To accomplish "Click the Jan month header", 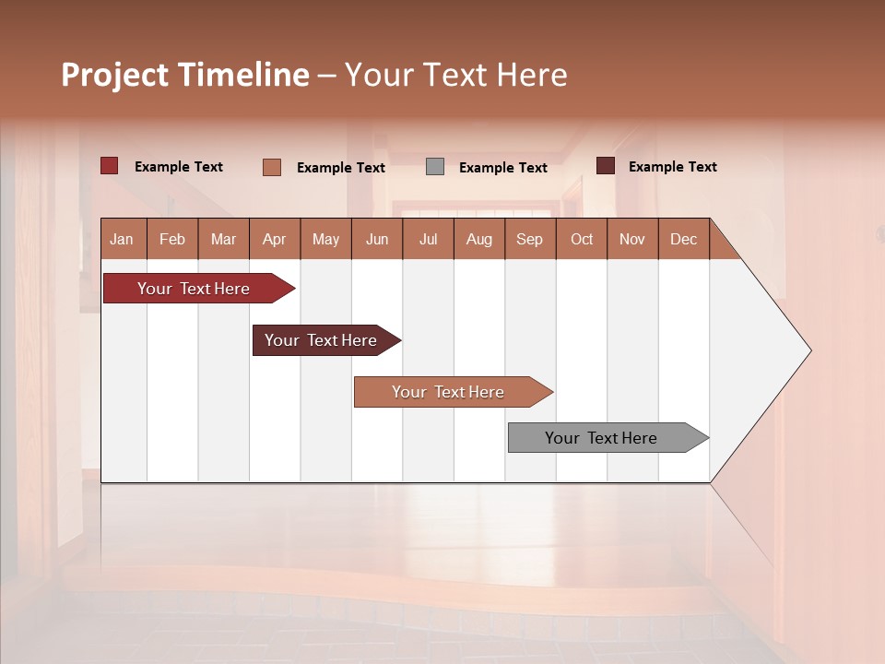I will pyautogui.click(x=122, y=240).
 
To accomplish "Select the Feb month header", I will pyautogui.click(x=172, y=240).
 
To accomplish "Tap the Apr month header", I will pyautogui.click(x=275, y=240).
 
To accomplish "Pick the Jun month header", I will pyautogui.click(x=377, y=240).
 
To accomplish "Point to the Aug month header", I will pyautogui.click(x=479, y=240).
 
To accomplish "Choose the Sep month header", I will pyautogui.click(x=530, y=240).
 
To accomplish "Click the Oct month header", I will pyautogui.click(x=582, y=240).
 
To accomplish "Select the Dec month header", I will pyautogui.click(x=684, y=240).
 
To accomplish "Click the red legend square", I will pyautogui.click(x=110, y=166).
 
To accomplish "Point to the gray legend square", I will pyautogui.click(x=435, y=167).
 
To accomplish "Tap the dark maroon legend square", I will pyautogui.click(x=606, y=166).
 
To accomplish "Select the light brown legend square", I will pyautogui.click(x=272, y=167).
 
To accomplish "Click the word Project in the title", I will pyautogui.click(x=115, y=75).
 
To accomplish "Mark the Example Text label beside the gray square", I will pyautogui.click(x=503, y=168).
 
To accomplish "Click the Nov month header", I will pyautogui.click(x=632, y=240).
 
